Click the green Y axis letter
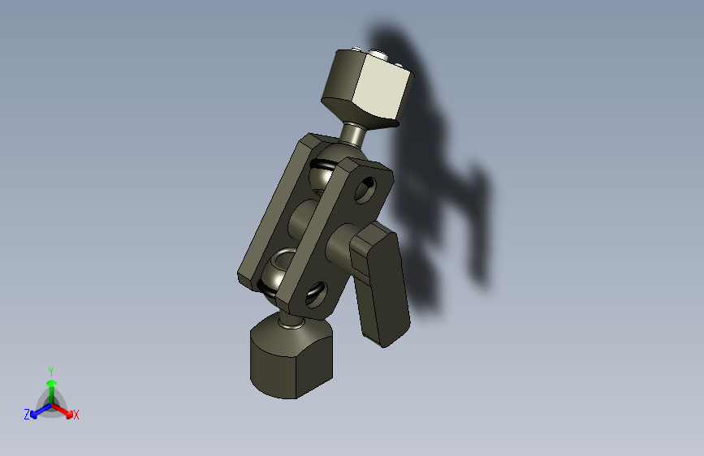click(x=50, y=369)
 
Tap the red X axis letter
click(x=76, y=415)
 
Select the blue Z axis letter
click(x=27, y=415)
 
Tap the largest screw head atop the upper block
click(x=378, y=54)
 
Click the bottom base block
click(x=291, y=361)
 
